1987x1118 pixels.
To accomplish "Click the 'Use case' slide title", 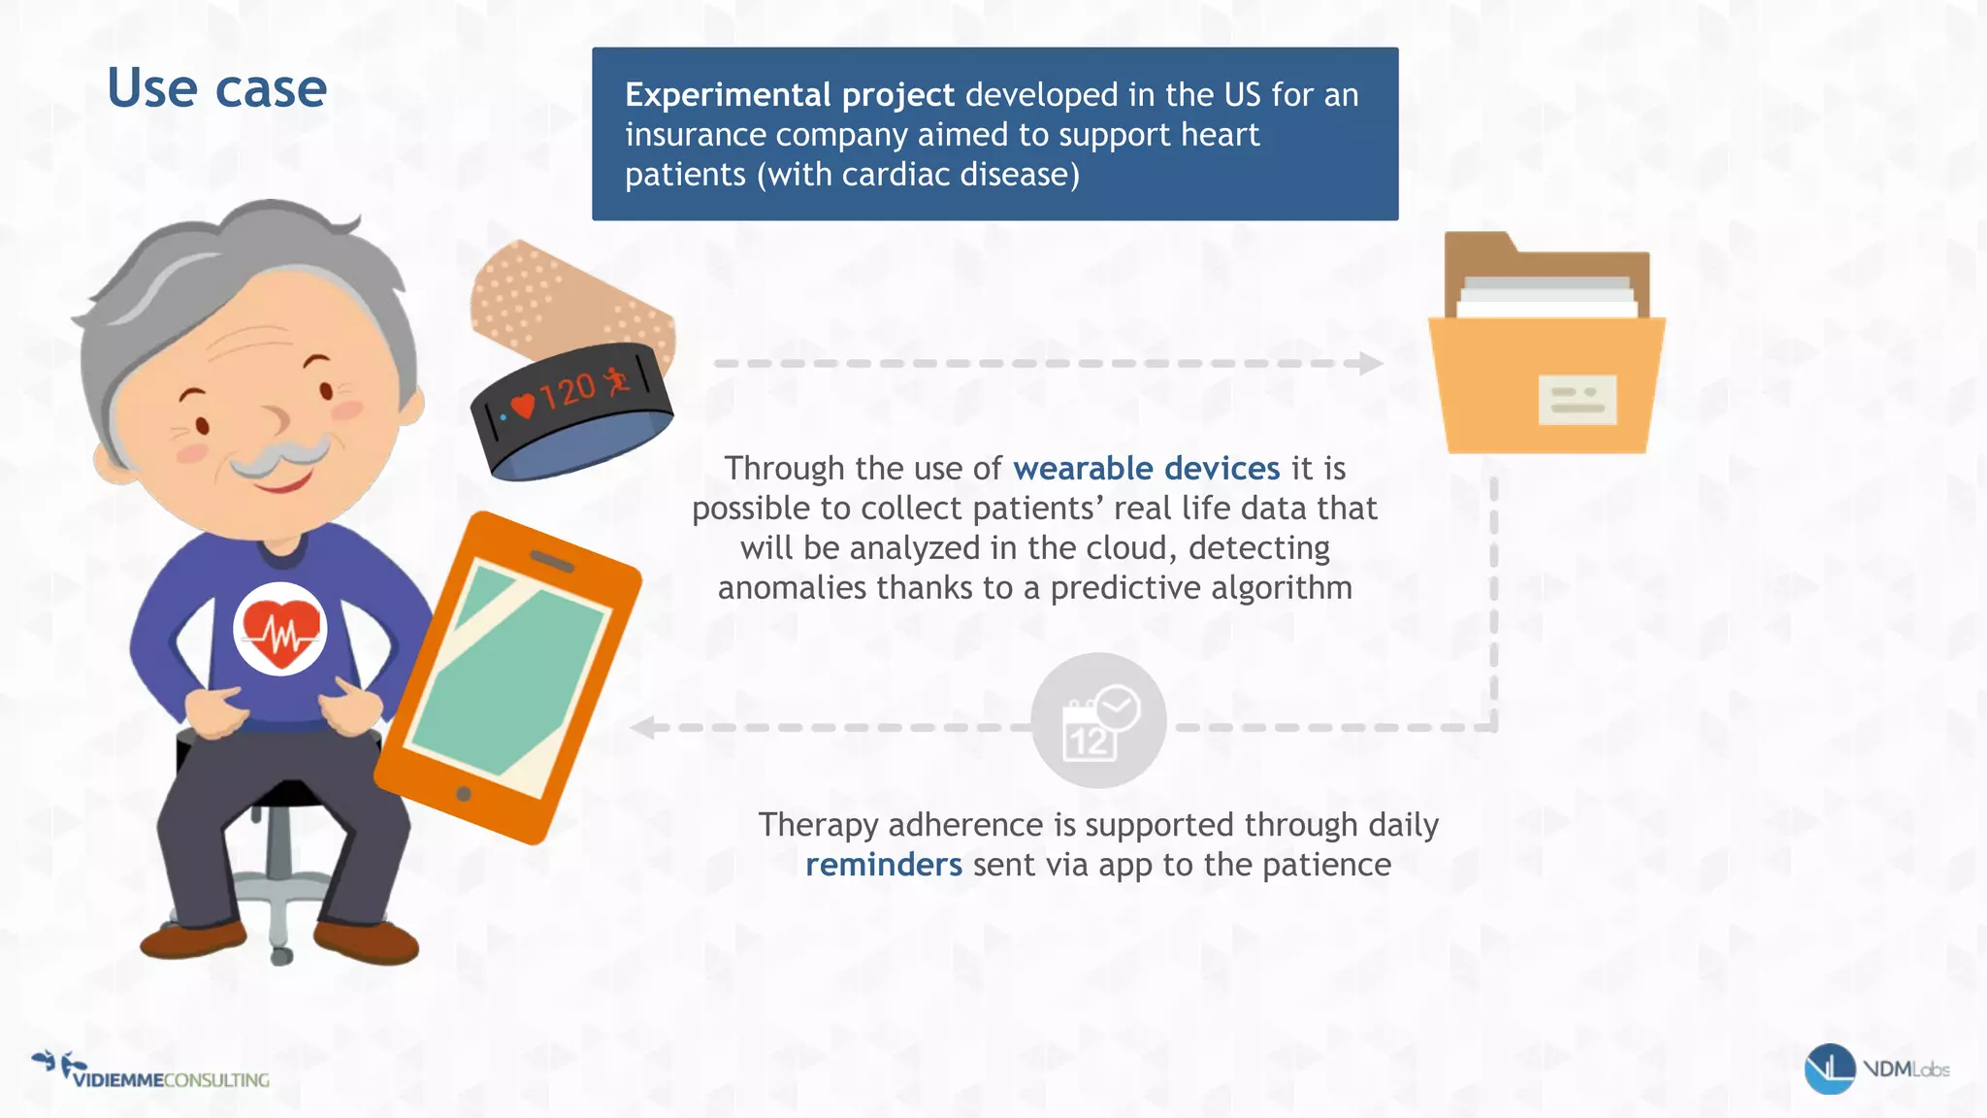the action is coord(217,89).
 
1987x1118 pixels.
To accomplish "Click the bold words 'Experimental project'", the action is coord(789,95).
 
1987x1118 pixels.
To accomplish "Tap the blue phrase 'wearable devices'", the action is coord(1146,469).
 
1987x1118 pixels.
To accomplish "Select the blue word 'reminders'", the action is coord(883,865).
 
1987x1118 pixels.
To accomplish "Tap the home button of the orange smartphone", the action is coord(464,794).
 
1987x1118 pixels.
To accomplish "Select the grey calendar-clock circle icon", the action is coord(1098,720).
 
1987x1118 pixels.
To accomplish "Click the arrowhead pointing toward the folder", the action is coord(1369,364).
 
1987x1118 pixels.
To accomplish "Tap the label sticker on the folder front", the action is coord(1577,400).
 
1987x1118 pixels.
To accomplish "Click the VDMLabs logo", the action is coord(1875,1069).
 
